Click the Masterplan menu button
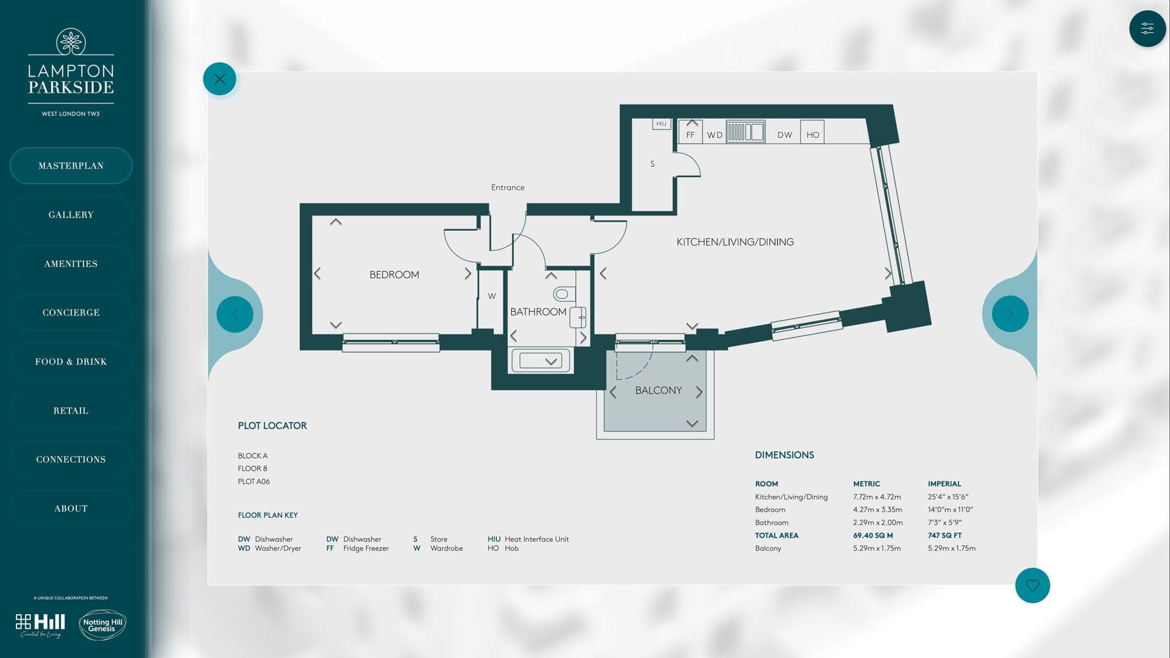point(71,166)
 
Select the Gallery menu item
point(71,214)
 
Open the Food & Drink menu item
point(71,361)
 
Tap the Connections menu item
point(71,459)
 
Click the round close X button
point(219,79)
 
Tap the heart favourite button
point(1032,585)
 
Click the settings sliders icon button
point(1147,29)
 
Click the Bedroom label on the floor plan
point(394,275)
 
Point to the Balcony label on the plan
point(658,391)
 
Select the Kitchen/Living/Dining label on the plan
point(735,242)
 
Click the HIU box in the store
point(661,124)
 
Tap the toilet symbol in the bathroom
point(562,294)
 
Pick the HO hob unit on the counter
point(812,135)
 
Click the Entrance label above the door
point(508,188)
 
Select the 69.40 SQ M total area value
point(873,536)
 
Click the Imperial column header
point(944,484)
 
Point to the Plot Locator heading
point(272,426)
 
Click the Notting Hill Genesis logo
point(102,625)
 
